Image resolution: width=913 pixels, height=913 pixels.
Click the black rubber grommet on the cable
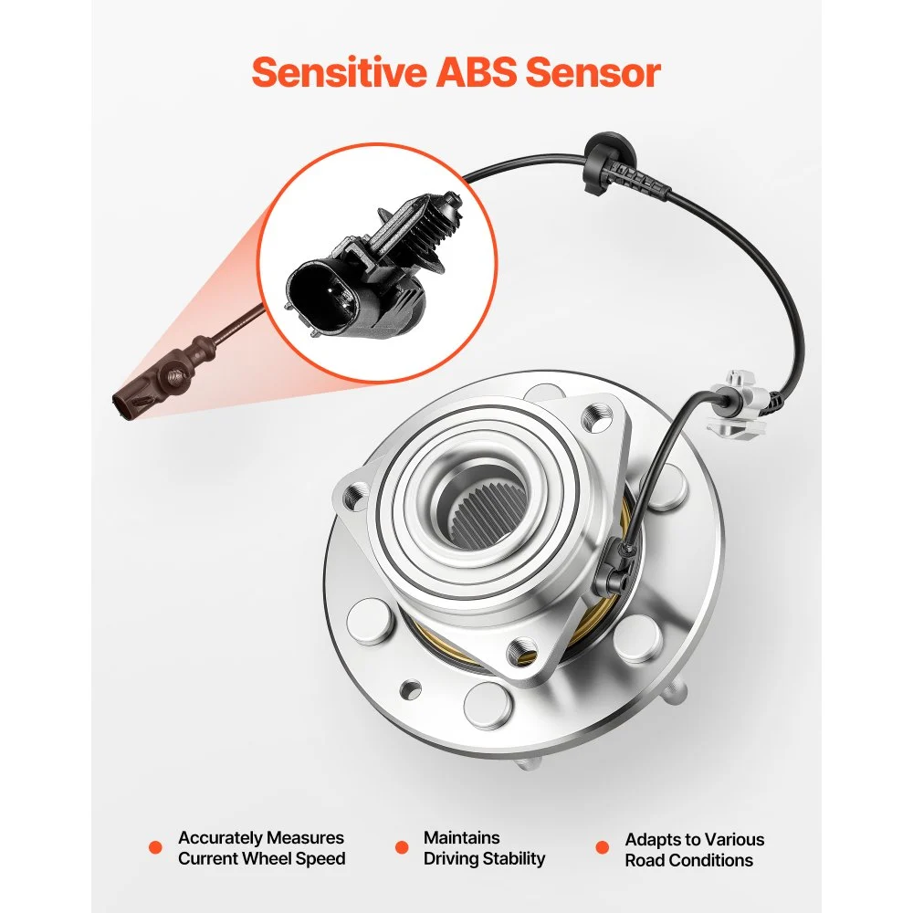[x=607, y=156]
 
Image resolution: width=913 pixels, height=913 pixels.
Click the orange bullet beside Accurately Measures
[x=155, y=847]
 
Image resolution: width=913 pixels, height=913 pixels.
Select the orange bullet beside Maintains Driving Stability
[x=401, y=847]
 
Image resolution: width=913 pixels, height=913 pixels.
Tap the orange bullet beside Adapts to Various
[x=602, y=847]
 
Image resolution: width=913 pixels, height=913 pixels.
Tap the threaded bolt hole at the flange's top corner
[x=598, y=417]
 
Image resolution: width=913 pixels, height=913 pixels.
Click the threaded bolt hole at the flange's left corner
[x=354, y=495]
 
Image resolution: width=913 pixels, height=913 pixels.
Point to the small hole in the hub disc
[x=411, y=689]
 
